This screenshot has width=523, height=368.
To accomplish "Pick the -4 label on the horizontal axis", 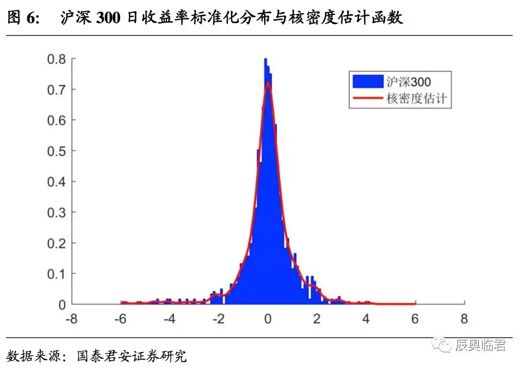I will pos(169,319).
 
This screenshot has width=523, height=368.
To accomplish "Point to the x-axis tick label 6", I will pos(415,319).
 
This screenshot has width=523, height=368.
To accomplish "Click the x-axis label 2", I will pos(317,319).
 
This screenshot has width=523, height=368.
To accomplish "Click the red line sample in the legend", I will pos(367,98).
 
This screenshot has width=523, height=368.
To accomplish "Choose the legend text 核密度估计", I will pos(417,98).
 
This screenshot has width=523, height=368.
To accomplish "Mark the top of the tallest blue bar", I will pos(265,59).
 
